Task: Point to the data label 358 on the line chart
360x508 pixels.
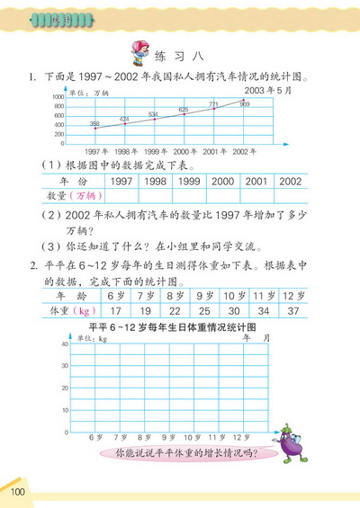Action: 94,123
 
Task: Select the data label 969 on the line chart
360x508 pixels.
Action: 245,104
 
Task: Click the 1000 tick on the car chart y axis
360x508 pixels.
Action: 58,96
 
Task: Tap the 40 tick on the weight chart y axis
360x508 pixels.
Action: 64,345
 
